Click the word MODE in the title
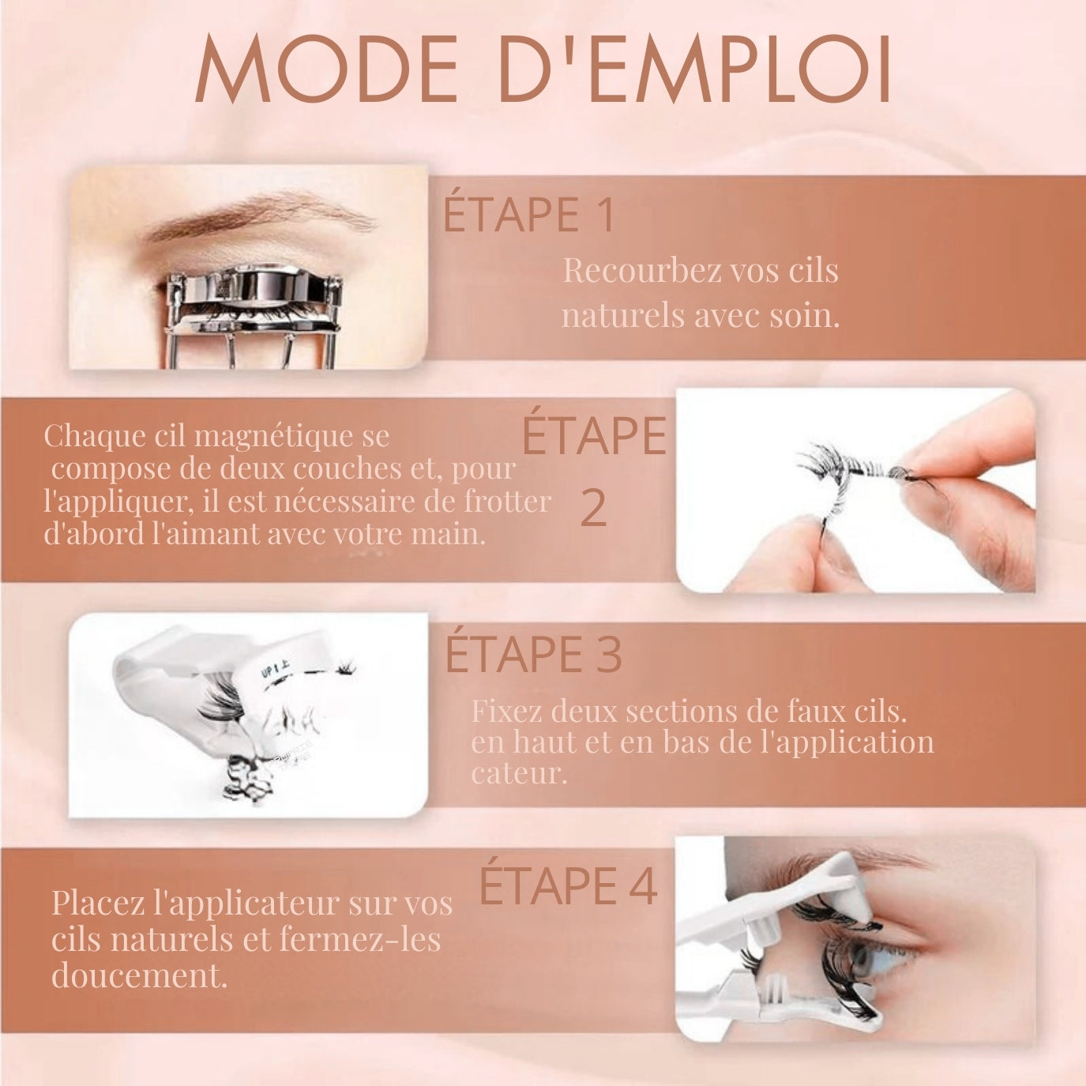point(325,69)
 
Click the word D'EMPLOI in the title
point(695,69)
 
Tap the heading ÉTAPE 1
point(528,215)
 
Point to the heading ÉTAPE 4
point(568,885)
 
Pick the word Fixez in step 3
point(506,711)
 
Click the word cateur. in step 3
point(518,774)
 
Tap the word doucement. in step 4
point(139,975)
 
